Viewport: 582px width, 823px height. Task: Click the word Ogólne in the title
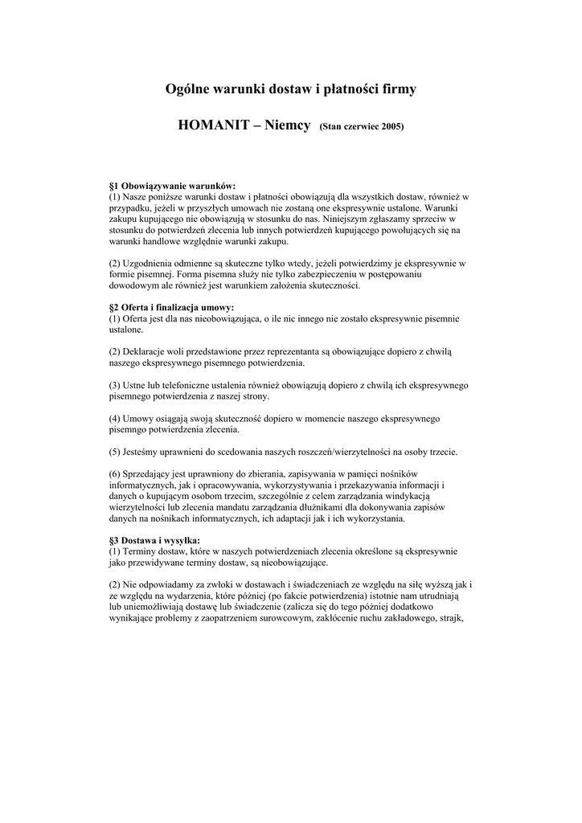click(188, 89)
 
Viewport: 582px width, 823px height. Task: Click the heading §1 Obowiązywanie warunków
click(172, 186)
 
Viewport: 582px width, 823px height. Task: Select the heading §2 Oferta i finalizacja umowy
click(171, 308)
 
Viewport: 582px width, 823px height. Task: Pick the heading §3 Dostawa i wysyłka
click(155, 540)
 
